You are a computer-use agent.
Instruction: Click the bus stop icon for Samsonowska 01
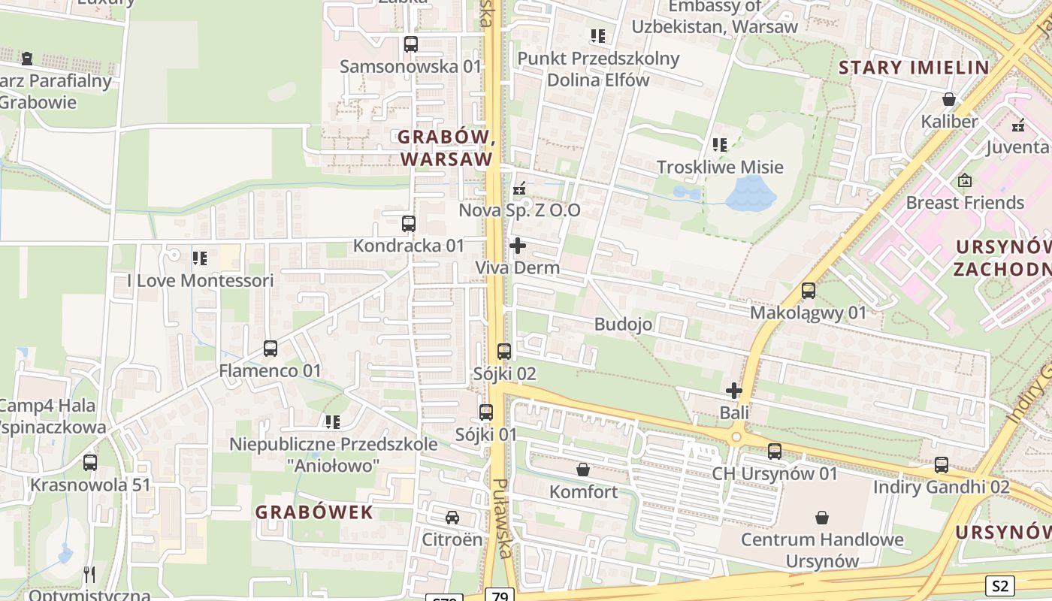tap(410, 44)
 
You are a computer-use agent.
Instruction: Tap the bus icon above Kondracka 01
tap(408, 224)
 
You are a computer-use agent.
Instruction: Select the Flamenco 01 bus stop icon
tap(271, 349)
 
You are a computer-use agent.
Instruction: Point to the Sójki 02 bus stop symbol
tap(504, 352)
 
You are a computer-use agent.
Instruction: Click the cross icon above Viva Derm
tap(518, 246)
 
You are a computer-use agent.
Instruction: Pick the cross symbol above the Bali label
tap(734, 391)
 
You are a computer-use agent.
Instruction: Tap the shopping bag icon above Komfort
tap(582, 470)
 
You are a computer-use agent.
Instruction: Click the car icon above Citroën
tap(452, 518)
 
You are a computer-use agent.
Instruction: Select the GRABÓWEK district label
tap(314, 512)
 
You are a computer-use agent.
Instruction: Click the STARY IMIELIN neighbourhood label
tap(914, 68)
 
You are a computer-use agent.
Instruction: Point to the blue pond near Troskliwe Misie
tap(750, 194)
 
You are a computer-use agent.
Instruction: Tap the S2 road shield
tap(999, 586)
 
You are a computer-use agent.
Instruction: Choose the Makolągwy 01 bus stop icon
tap(809, 291)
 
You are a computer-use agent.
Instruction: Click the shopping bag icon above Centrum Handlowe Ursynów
tap(822, 518)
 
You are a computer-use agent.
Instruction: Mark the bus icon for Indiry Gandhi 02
tap(942, 465)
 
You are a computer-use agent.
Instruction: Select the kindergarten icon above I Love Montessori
tap(199, 258)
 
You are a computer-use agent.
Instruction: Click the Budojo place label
tap(623, 325)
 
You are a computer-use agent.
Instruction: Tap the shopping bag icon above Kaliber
tap(949, 99)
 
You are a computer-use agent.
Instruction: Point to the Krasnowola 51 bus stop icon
tap(90, 463)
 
